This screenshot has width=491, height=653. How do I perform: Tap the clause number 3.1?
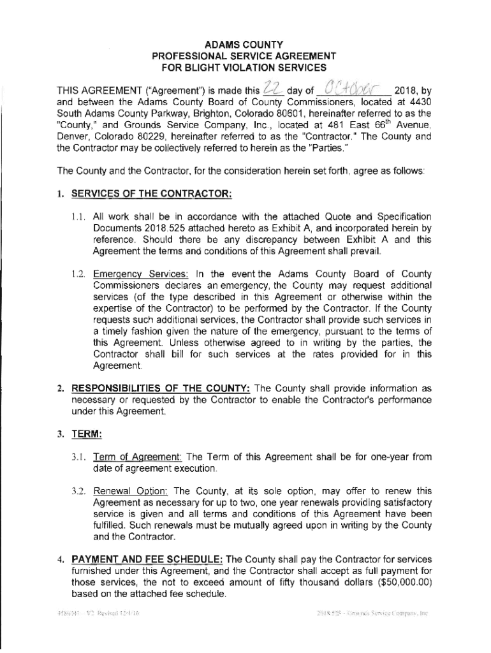(x=78, y=457)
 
